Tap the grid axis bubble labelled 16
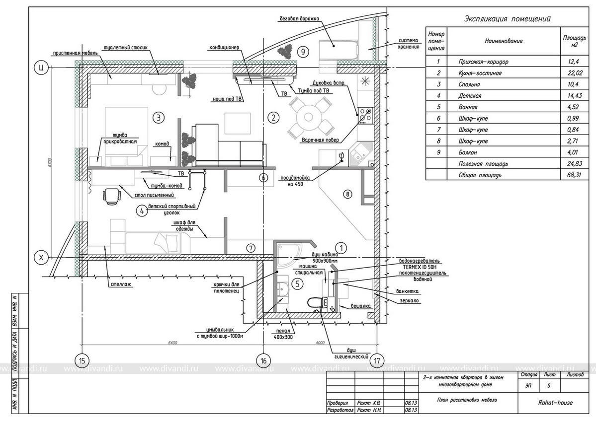tap(263, 361)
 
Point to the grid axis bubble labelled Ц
tap(40, 68)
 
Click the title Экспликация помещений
tap(507, 19)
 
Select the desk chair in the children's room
tap(113, 196)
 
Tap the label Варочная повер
tap(320, 140)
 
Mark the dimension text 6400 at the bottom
tap(173, 343)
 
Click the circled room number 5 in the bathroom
tap(296, 284)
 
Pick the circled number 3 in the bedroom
tap(158, 118)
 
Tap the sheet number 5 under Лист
tap(548, 385)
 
